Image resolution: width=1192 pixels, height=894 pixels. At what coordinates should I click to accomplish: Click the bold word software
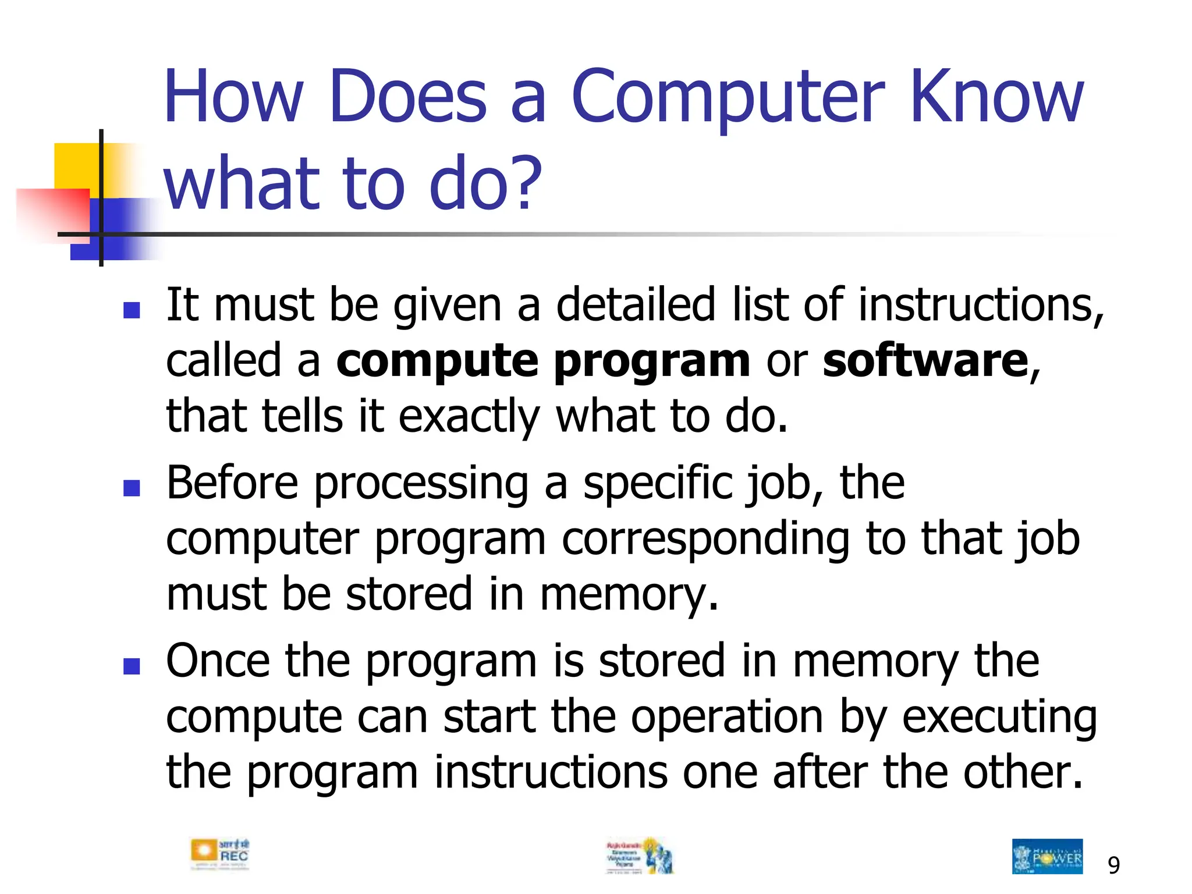925,361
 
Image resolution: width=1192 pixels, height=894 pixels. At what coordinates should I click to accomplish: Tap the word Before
232,483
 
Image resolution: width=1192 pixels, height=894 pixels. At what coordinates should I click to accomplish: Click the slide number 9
1113,865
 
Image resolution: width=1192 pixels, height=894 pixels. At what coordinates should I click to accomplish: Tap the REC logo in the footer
219,854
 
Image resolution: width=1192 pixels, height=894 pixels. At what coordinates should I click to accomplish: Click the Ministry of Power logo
1047,856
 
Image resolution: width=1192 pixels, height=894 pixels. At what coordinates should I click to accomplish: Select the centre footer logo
640,856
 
